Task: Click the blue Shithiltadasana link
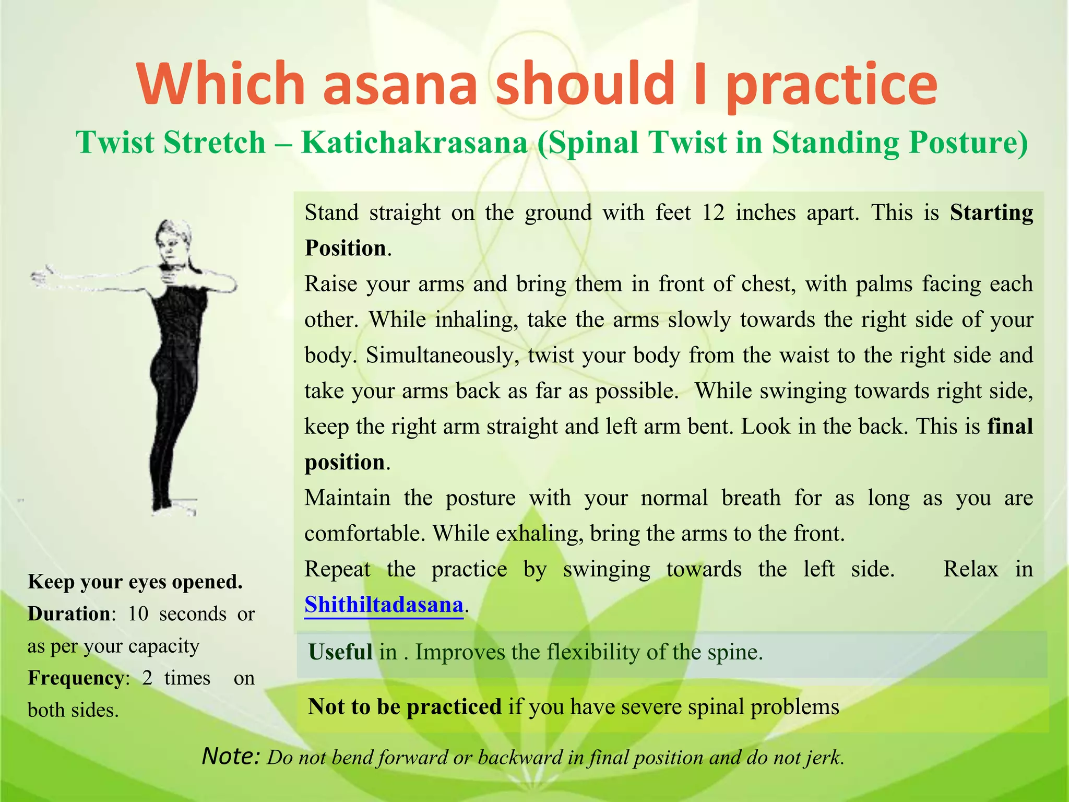384,605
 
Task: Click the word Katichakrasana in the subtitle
414,143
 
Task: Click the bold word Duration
69,614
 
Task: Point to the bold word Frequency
75,678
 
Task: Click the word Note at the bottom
230,756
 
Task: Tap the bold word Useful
340,653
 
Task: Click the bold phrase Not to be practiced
405,707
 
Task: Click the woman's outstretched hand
44,276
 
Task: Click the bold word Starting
991,213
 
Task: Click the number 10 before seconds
138,614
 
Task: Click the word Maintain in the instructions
347,498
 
